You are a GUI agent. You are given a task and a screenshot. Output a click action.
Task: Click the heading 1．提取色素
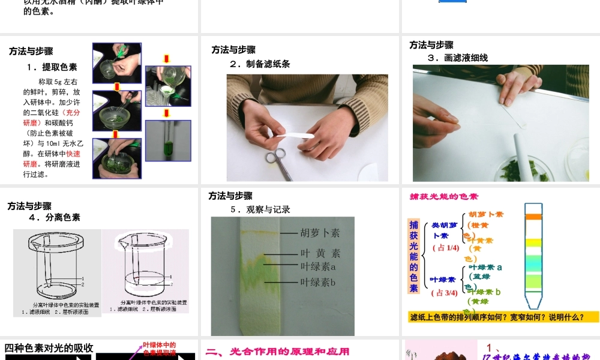(52, 67)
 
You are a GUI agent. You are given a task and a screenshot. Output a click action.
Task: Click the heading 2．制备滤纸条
(260, 64)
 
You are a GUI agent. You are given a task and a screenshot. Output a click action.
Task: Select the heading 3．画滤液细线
(458, 58)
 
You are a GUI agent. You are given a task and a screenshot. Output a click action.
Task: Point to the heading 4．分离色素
(55, 217)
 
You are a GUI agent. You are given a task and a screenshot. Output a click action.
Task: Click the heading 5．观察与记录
(260, 209)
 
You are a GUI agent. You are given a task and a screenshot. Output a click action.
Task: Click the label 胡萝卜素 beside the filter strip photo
(320, 232)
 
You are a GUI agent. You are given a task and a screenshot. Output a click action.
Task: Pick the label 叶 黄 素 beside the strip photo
(320, 253)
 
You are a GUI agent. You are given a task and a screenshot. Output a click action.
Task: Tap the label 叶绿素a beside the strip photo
(317, 266)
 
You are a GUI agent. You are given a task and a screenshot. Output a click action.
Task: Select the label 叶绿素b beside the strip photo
(317, 281)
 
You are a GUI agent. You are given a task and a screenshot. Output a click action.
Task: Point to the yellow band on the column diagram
(533, 242)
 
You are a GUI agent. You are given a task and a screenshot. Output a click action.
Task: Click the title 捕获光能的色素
(444, 196)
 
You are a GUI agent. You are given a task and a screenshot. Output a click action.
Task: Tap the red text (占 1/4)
(445, 247)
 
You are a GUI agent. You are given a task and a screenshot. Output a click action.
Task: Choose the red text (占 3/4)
(445, 293)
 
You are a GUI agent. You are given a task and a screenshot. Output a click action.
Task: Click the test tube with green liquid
(168, 147)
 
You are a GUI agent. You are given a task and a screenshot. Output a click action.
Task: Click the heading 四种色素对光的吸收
(49, 347)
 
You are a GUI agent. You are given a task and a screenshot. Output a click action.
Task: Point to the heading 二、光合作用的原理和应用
(277, 352)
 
